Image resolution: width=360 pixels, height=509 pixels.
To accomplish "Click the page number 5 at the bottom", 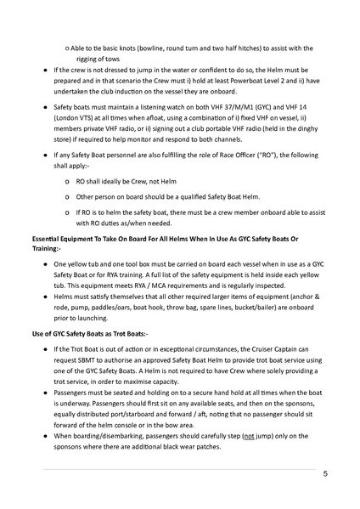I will tap(325, 475).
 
